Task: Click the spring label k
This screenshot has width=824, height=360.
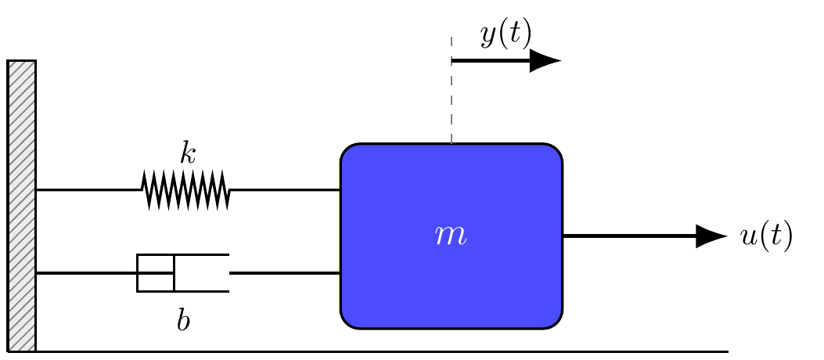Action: point(188,153)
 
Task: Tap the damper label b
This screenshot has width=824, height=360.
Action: point(183,321)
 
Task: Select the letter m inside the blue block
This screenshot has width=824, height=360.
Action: point(451,236)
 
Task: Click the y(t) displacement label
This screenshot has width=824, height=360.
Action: point(506,36)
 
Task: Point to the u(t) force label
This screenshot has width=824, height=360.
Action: point(766,236)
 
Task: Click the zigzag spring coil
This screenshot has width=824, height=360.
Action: point(185,189)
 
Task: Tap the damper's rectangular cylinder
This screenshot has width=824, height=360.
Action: point(183,273)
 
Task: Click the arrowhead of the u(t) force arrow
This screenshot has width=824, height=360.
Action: point(711,236)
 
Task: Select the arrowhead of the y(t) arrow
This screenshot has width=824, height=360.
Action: point(545,60)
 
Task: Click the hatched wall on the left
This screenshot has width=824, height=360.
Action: point(22,206)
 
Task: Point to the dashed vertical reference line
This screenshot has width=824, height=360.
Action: point(452,90)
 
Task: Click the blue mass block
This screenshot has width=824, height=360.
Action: point(452,236)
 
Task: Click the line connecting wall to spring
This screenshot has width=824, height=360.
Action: point(88,189)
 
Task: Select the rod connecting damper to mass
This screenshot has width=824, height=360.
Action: point(286,273)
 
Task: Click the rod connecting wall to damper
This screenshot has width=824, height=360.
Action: point(105,273)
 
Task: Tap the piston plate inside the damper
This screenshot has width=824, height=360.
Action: point(174,273)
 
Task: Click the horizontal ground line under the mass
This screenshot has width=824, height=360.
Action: point(382,351)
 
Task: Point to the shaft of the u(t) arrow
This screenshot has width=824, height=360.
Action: point(630,236)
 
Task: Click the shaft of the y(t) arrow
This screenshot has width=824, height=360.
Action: point(491,61)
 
